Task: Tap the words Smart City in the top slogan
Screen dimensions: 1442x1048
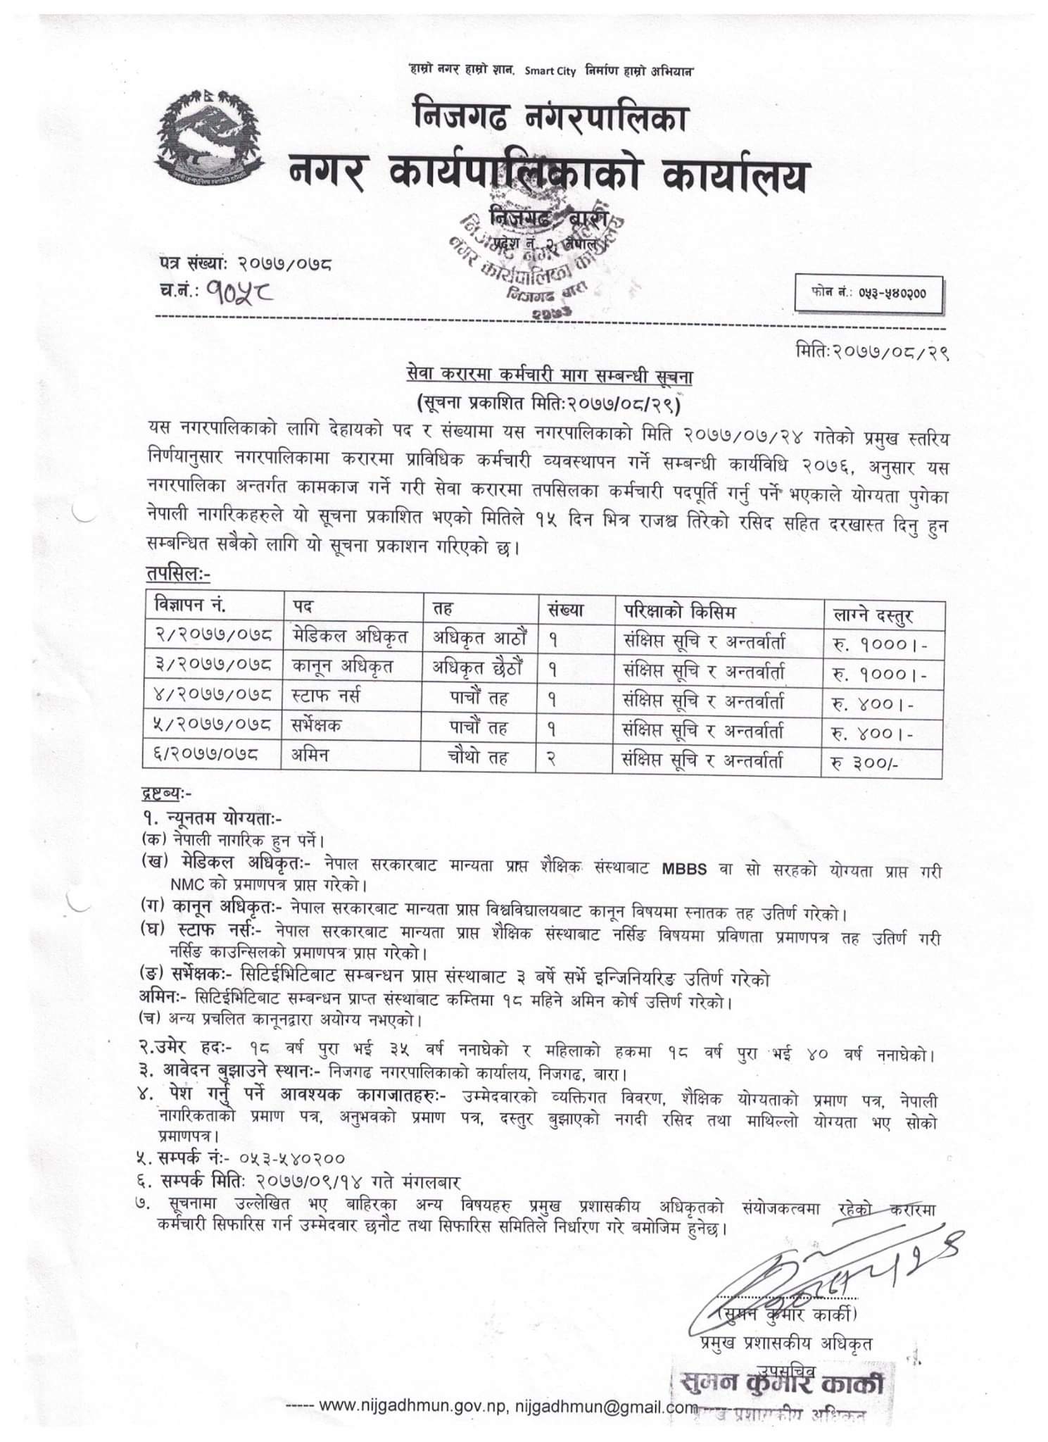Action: (550, 71)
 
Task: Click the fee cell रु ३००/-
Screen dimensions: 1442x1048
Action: (864, 763)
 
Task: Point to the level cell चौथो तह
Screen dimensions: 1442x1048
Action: (479, 758)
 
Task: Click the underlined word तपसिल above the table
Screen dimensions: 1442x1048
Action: (177, 575)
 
